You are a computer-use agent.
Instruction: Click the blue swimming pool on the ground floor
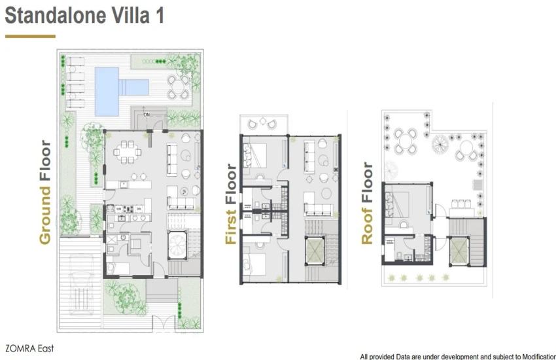click(x=107, y=91)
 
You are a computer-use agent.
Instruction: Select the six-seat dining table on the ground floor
click(x=128, y=152)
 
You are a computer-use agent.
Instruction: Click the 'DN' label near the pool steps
click(x=147, y=115)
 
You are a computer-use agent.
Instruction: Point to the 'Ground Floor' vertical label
click(x=45, y=192)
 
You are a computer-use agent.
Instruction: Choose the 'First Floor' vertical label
click(x=231, y=204)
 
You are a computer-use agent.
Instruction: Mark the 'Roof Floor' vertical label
click(x=367, y=203)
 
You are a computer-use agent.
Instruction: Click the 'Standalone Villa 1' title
click(x=84, y=16)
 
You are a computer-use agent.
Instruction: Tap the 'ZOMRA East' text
click(x=30, y=348)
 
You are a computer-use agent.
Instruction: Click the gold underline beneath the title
click(x=30, y=36)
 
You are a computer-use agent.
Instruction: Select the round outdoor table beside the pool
click(x=179, y=87)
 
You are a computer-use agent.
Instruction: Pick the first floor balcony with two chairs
click(x=264, y=124)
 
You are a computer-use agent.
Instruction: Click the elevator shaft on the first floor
click(x=315, y=251)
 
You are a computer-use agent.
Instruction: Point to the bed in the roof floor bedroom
click(x=397, y=205)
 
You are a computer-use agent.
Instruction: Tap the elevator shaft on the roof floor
click(x=459, y=251)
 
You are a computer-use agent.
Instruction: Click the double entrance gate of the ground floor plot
click(x=164, y=323)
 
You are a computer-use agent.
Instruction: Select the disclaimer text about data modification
click(x=458, y=357)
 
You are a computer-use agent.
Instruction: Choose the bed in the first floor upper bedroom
click(x=255, y=155)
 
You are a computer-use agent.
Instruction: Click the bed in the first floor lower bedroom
click(x=255, y=264)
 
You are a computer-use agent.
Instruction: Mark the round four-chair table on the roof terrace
click(x=406, y=141)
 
